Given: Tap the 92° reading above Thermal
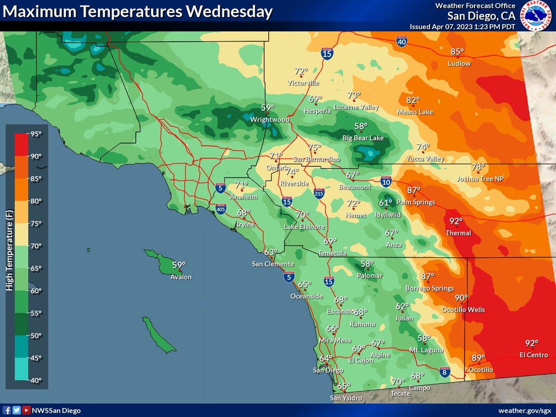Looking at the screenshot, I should (x=456, y=221).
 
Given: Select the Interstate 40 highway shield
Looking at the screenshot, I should (x=402, y=43).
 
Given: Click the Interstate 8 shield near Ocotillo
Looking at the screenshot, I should (x=444, y=372).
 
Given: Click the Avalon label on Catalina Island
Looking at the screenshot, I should (x=181, y=277).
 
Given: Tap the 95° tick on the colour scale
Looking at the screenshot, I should (x=36, y=134).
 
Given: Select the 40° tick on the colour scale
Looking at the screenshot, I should (x=36, y=380).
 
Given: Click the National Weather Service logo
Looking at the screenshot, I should (x=536, y=15).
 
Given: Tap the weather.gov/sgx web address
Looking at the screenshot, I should (x=524, y=411).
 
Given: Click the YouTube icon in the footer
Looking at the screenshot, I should (x=26, y=411).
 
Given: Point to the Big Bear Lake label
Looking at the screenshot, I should (x=363, y=138).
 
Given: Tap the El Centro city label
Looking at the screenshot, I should (x=534, y=355).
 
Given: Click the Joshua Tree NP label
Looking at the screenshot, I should (x=480, y=179).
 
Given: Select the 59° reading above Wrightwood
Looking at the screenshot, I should (x=268, y=107).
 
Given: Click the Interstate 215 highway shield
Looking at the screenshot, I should (x=318, y=192).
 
